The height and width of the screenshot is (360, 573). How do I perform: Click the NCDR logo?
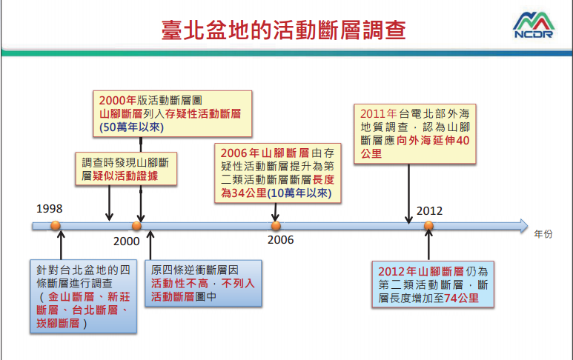[x=534, y=25]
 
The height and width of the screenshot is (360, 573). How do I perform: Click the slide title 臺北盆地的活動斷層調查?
[x=284, y=30]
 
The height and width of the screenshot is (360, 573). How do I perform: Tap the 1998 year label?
[x=50, y=208]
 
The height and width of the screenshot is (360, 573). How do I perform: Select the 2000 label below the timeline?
[x=127, y=241]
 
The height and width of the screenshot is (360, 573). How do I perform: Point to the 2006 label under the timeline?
[x=281, y=240]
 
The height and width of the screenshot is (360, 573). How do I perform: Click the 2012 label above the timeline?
[x=429, y=210]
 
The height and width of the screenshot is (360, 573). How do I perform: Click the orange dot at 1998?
[x=56, y=225]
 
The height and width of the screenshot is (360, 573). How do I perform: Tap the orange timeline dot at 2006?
[x=276, y=226]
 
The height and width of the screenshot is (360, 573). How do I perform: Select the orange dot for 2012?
[x=428, y=226]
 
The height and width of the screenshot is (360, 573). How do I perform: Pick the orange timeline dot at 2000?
[x=136, y=226]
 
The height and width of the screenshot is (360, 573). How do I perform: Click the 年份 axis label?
[x=543, y=234]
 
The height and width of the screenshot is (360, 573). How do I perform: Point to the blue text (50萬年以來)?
[x=131, y=127]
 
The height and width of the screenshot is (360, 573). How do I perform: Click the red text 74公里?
[x=461, y=298]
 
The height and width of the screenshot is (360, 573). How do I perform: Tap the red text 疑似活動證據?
[x=125, y=176]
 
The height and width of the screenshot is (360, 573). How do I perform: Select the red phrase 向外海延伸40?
[x=433, y=140]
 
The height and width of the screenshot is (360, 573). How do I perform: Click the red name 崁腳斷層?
[x=58, y=323]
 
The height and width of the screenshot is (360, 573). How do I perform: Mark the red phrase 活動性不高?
[x=179, y=283]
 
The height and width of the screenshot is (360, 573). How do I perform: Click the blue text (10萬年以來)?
[x=299, y=193]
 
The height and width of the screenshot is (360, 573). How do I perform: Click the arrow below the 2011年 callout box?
[x=408, y=194]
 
